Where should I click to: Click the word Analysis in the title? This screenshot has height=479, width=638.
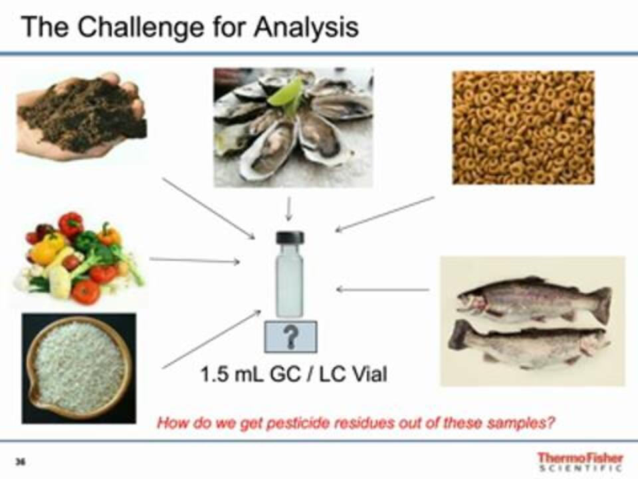pyautogui.click(x=306, y=27)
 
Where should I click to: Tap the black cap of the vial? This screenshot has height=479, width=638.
pyautogui.click(x=290, y=238)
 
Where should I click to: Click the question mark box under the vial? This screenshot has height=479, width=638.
pyautogui.click(x=290, y=337)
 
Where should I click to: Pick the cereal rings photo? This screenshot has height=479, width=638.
pyautogui.click(x=523, y=128)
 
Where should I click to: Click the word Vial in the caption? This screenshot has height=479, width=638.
pyautogui.click(x=370, y=375)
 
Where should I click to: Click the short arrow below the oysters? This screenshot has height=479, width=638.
pyautogui.click(x=288, y=209)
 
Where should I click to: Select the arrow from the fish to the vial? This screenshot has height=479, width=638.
pyautogui.click(x=383, y=289)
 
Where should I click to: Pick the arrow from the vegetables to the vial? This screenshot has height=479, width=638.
pyautogui.click(x=195, y=260)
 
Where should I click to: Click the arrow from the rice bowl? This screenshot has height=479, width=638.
pyautogui.click(x=211, y=339)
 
